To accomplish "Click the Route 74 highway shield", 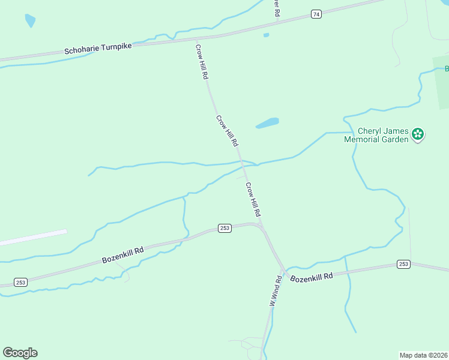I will [316, 14].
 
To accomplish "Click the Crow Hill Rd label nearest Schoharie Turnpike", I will [202, 61].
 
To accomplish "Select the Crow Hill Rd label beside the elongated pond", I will [228, 131].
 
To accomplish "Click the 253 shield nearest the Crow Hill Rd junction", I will [224, 229].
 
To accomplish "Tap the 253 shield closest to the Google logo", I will [20, 282].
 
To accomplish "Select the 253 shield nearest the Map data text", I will [403, 264].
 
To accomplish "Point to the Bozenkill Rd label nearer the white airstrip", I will [122, 254].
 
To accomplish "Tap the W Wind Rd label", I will [275, 292].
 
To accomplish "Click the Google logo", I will [20, 353].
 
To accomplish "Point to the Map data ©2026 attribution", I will [423, 355].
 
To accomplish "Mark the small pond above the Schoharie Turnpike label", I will [29, 21].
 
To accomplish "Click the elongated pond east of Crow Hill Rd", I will [268, 123].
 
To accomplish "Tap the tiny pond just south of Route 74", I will [266, 35].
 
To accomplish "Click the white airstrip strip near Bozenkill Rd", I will [33, 238].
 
